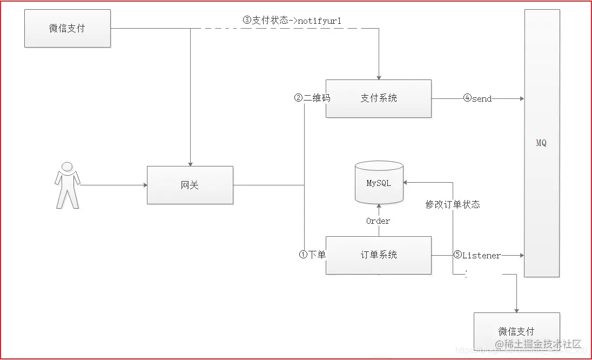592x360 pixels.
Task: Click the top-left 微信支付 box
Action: pos(68,28)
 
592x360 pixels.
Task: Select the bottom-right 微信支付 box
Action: pos(516,331)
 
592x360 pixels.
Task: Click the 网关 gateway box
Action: pos(190,185)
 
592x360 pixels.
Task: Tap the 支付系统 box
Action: pos(378,98)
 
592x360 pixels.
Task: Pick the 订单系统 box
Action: pos(378,255)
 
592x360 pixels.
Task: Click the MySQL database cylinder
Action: pos(379,183)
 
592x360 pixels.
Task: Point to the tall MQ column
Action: pos(541,143)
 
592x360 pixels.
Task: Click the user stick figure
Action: pos(68,185)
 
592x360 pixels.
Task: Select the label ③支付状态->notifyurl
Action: pos(292,21)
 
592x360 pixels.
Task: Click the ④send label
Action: pos(477,99)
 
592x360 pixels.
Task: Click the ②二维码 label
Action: pos(312,98)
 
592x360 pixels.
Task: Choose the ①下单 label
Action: pos(312,255)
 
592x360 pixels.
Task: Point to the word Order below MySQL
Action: pos(378,221)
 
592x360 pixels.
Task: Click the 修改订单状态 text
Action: pos(453,204)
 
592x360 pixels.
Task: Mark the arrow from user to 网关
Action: pos(113,185)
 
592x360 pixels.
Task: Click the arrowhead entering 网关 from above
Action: pos(190,163)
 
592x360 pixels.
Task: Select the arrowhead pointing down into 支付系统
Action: pos(379,77)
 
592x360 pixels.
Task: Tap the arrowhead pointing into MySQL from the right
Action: pos(407,183)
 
